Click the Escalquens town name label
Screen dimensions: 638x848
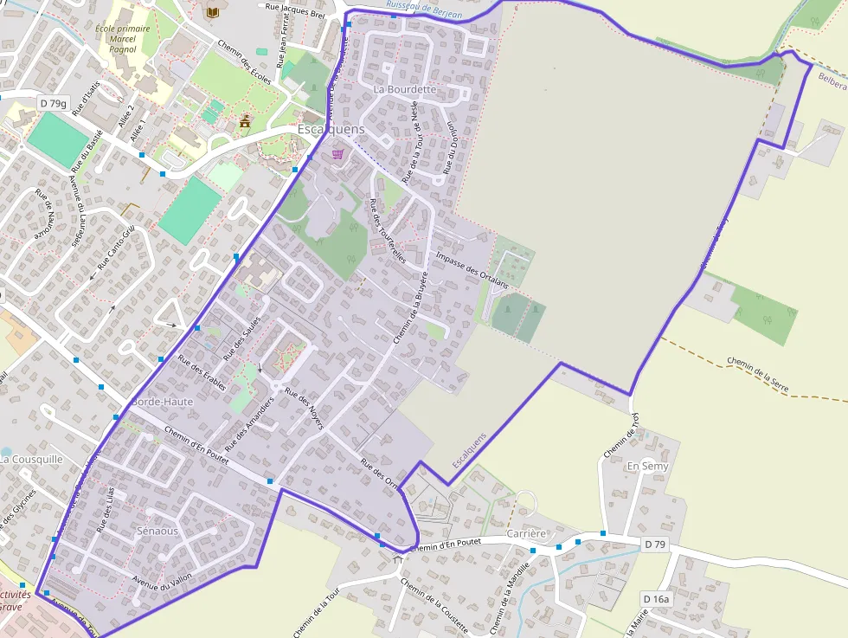point(331,129)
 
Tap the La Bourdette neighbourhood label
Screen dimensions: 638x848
point(405,89)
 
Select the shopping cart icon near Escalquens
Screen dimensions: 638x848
point(337,153)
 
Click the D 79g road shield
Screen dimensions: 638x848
point(53,104)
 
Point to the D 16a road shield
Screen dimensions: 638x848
point(657,599)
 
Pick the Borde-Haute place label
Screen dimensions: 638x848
point(162,402)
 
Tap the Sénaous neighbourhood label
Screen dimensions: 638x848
point(157,531)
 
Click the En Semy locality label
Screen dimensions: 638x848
point(647,467)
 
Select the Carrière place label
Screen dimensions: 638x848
point(527,533)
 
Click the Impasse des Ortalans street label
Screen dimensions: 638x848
point(472,269)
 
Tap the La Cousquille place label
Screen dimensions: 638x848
point(31,459)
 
